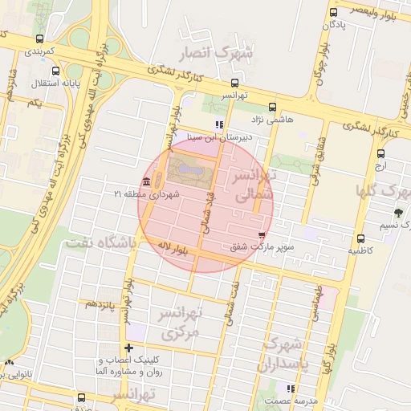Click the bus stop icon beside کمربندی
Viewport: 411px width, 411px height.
(40, 39)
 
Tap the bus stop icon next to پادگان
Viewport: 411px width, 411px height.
(333, 12)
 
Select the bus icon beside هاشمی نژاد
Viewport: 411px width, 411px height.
(272, 107)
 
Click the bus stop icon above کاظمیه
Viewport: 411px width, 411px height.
(360, 238)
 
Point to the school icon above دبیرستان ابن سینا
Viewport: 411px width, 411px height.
(218, 124)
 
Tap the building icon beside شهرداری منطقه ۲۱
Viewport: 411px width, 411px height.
(145, 181)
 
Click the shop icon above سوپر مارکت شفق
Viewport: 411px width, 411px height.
(261, 234)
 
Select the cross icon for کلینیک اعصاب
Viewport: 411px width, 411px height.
(128, 347)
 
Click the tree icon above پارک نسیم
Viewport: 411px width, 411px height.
(398, 213)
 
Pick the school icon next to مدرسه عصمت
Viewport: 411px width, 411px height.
(290, 389)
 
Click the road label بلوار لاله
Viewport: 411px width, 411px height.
(173, 246)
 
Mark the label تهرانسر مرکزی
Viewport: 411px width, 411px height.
(181, 320)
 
